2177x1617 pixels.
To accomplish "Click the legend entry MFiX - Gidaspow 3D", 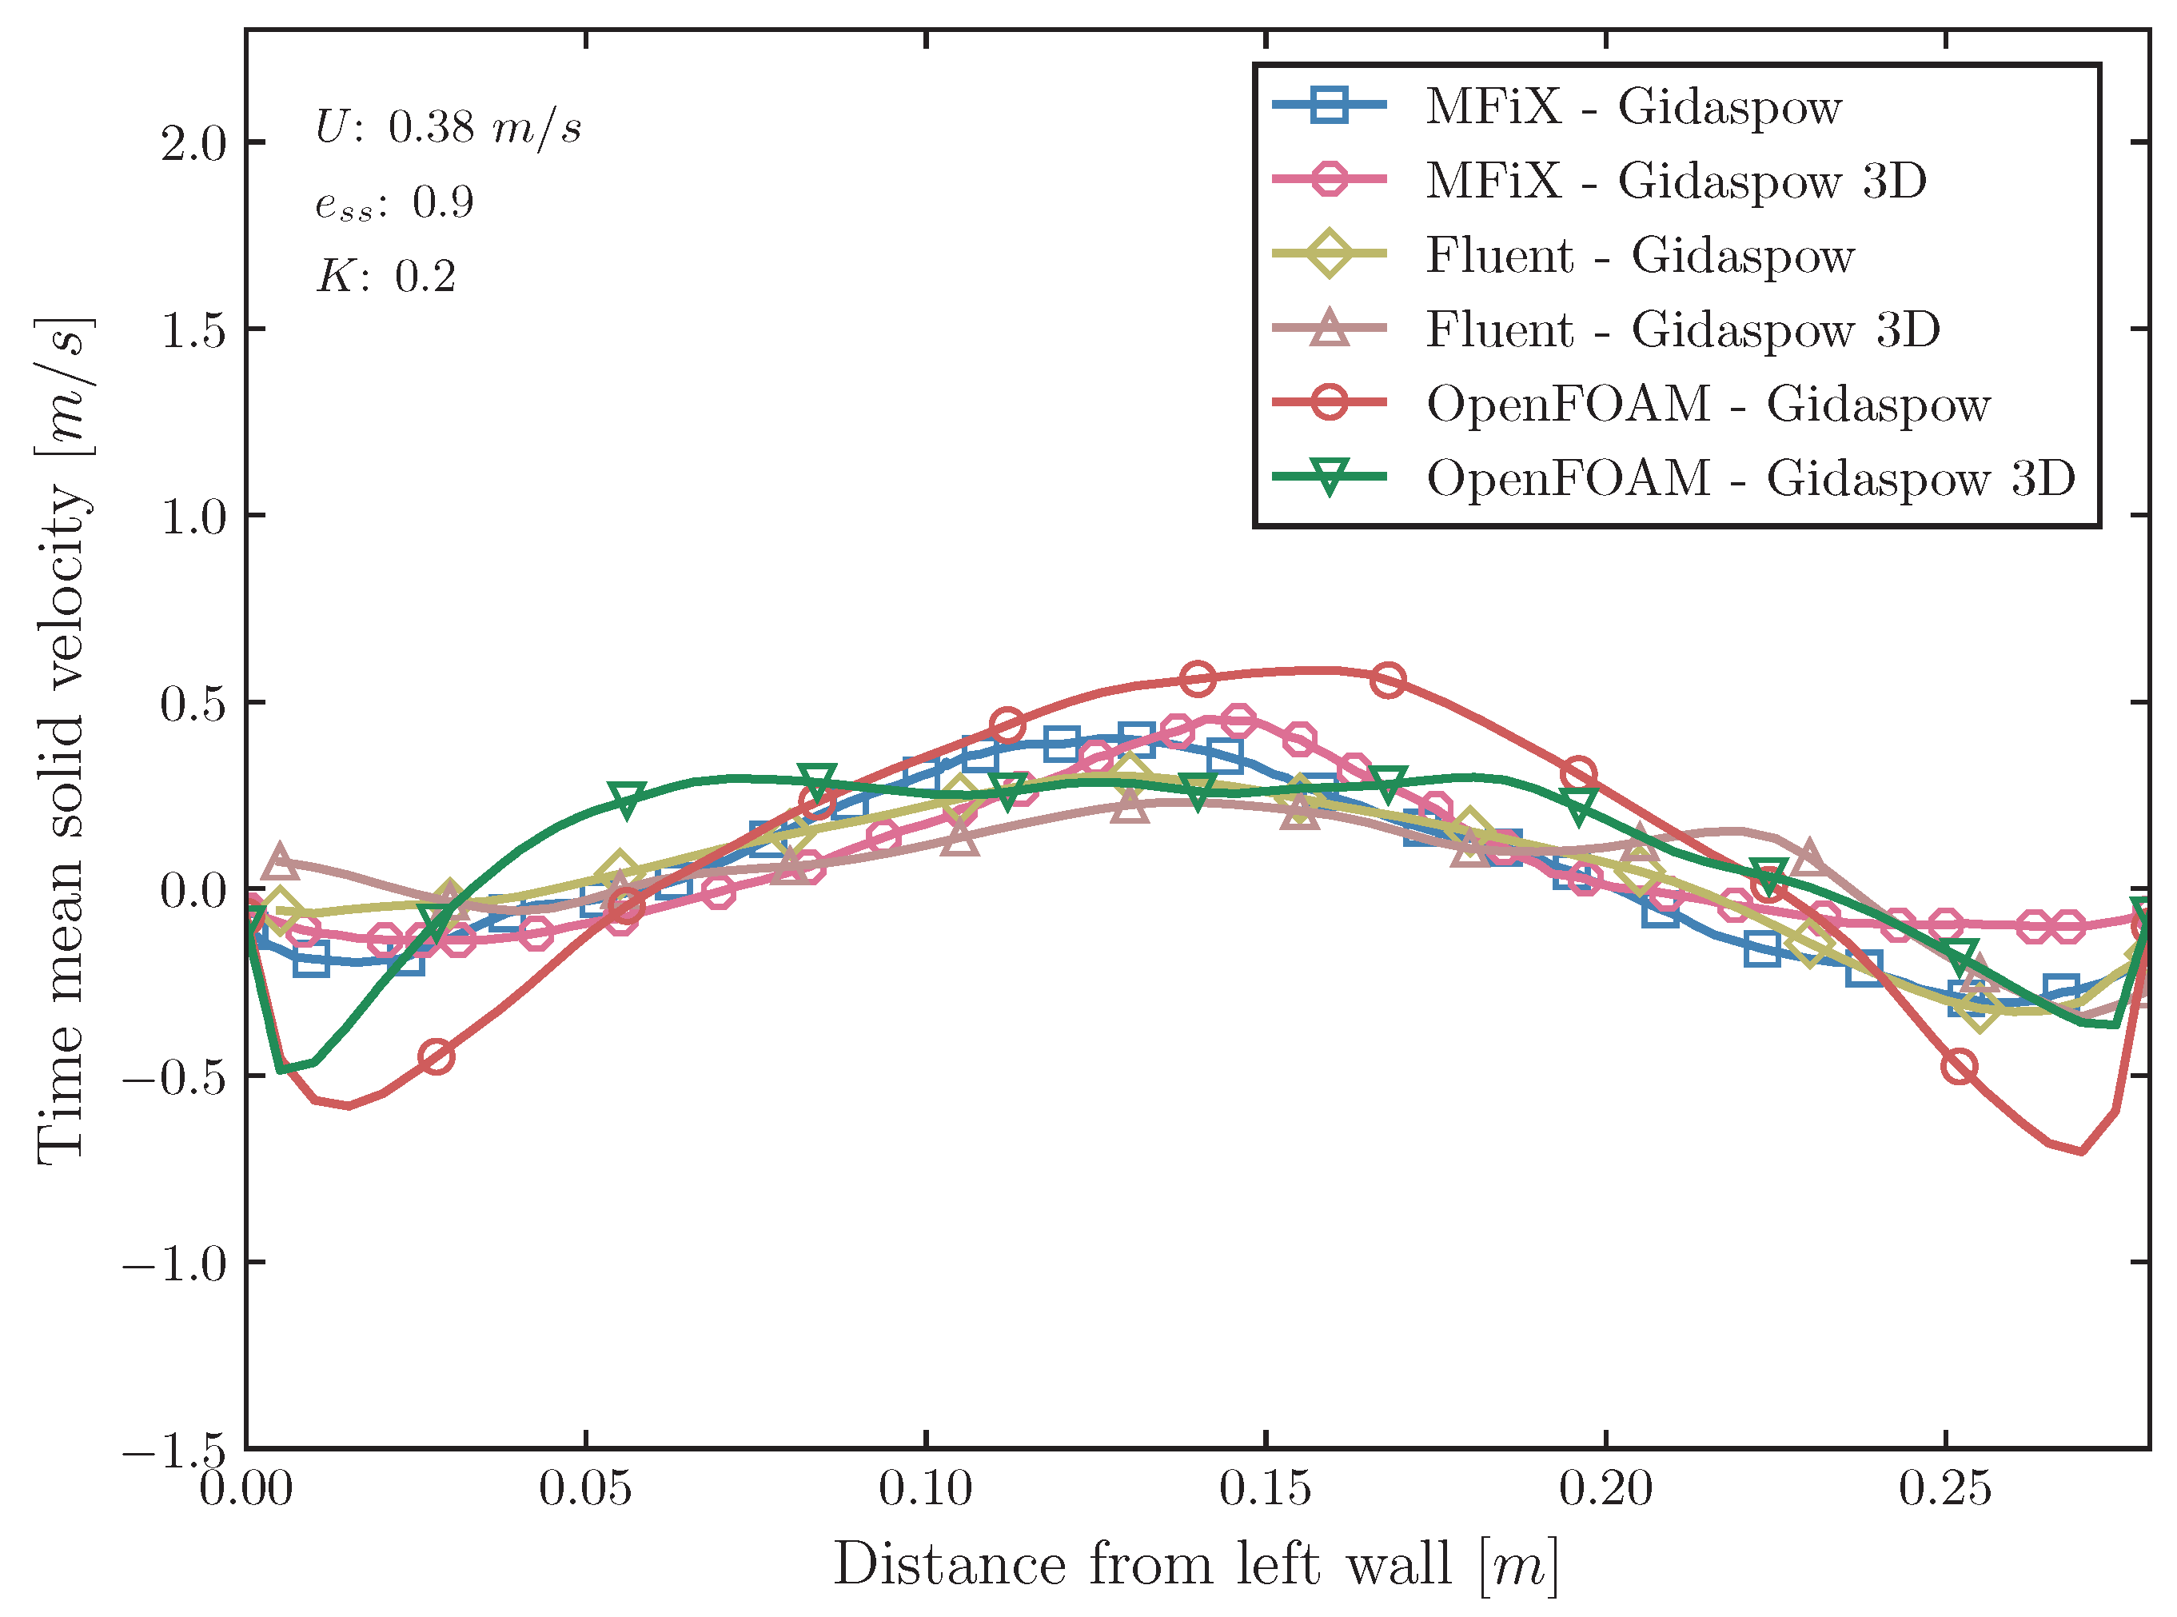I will (x=1674, y=180).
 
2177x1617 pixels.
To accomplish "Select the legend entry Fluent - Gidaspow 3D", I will (x=1681, y=329).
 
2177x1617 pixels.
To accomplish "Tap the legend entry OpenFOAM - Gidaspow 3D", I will (x=1749, y=477).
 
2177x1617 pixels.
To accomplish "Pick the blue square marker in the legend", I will (x=1329, y=105).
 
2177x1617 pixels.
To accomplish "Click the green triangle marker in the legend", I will (x=1329, y=477).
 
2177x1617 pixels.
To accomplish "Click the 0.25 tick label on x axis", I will (x=1945, y=1489).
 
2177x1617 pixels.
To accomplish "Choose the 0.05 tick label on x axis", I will (x=585, y=1489).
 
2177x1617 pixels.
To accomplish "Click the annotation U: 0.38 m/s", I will (x=449, y=127).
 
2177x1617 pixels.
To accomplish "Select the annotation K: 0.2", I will (x=386, y=277).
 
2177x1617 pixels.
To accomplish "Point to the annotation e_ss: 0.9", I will (x=394, y=202).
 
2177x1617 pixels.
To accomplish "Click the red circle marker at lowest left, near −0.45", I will (x=437, y=1056).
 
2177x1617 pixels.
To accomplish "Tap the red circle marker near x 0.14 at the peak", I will (x=1198, y=677).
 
